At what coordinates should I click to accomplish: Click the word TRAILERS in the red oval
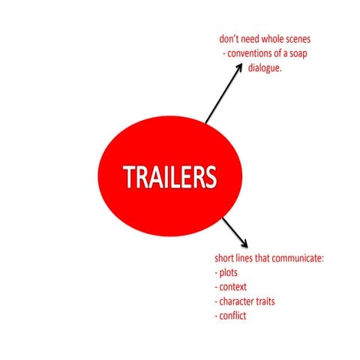(169, 177)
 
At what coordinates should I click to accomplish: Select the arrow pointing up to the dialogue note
(223, 93)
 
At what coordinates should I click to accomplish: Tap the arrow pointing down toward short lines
(235, 232)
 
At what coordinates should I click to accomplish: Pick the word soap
(298, 53)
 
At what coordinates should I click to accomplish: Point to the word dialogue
(265, 68)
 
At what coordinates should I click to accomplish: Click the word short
(221, 258)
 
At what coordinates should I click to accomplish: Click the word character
(236, 301)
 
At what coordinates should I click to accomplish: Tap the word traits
(265, 301)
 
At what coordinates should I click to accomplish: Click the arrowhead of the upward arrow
(239, 67)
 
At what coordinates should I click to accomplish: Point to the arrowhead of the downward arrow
(244, 244)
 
